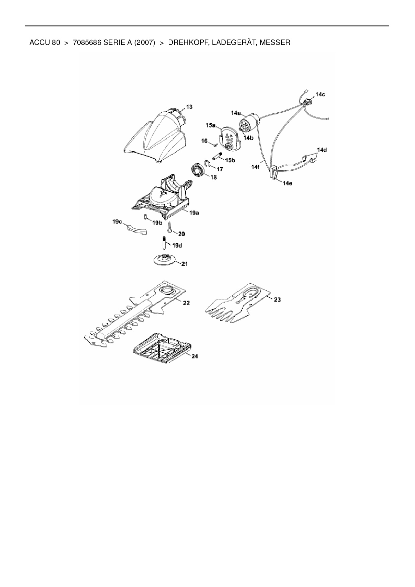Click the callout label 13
189,107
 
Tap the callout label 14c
320,94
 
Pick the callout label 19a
194,213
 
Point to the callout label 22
186,303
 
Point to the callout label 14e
287,183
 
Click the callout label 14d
322,150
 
